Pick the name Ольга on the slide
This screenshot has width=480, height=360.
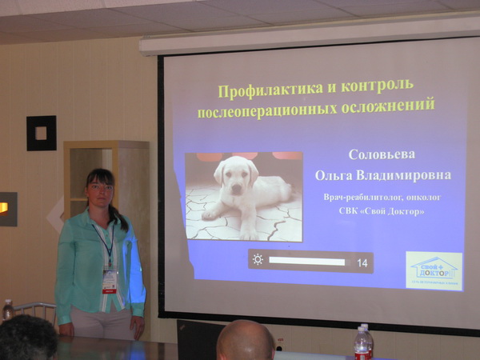334,174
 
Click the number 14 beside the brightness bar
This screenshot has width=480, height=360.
362,262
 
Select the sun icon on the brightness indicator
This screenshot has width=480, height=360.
258,260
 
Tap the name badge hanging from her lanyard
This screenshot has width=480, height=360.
110,280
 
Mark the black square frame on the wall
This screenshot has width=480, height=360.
41,133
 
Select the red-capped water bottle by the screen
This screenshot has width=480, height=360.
362,342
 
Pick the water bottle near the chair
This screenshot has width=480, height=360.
7,310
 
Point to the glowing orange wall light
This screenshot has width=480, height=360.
5,208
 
